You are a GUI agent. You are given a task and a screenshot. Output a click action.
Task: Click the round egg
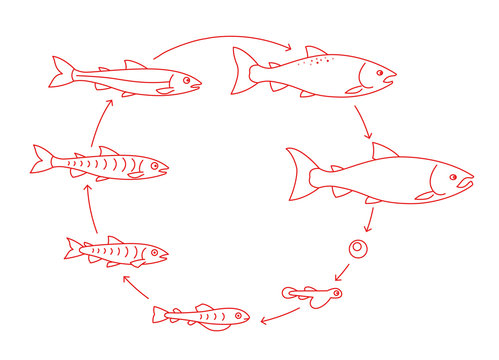point(356,247)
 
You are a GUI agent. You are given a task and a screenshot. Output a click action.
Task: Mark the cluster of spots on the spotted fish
point(318,63)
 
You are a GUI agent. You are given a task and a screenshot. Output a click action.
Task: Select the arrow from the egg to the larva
point(342,271)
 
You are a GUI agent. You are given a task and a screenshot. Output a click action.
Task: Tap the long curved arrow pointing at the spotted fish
point(220,40)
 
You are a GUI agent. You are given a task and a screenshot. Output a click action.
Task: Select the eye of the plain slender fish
point(186,78)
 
